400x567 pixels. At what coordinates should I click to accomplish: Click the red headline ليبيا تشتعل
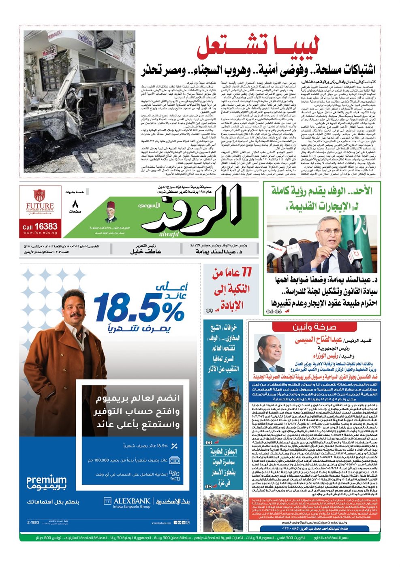pos(259,48)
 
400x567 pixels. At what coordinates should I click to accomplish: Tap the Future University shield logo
pos(39,195)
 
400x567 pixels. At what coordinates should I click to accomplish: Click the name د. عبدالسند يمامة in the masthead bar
pos(219,252)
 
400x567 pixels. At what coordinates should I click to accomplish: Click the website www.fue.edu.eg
pos(40,233)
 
